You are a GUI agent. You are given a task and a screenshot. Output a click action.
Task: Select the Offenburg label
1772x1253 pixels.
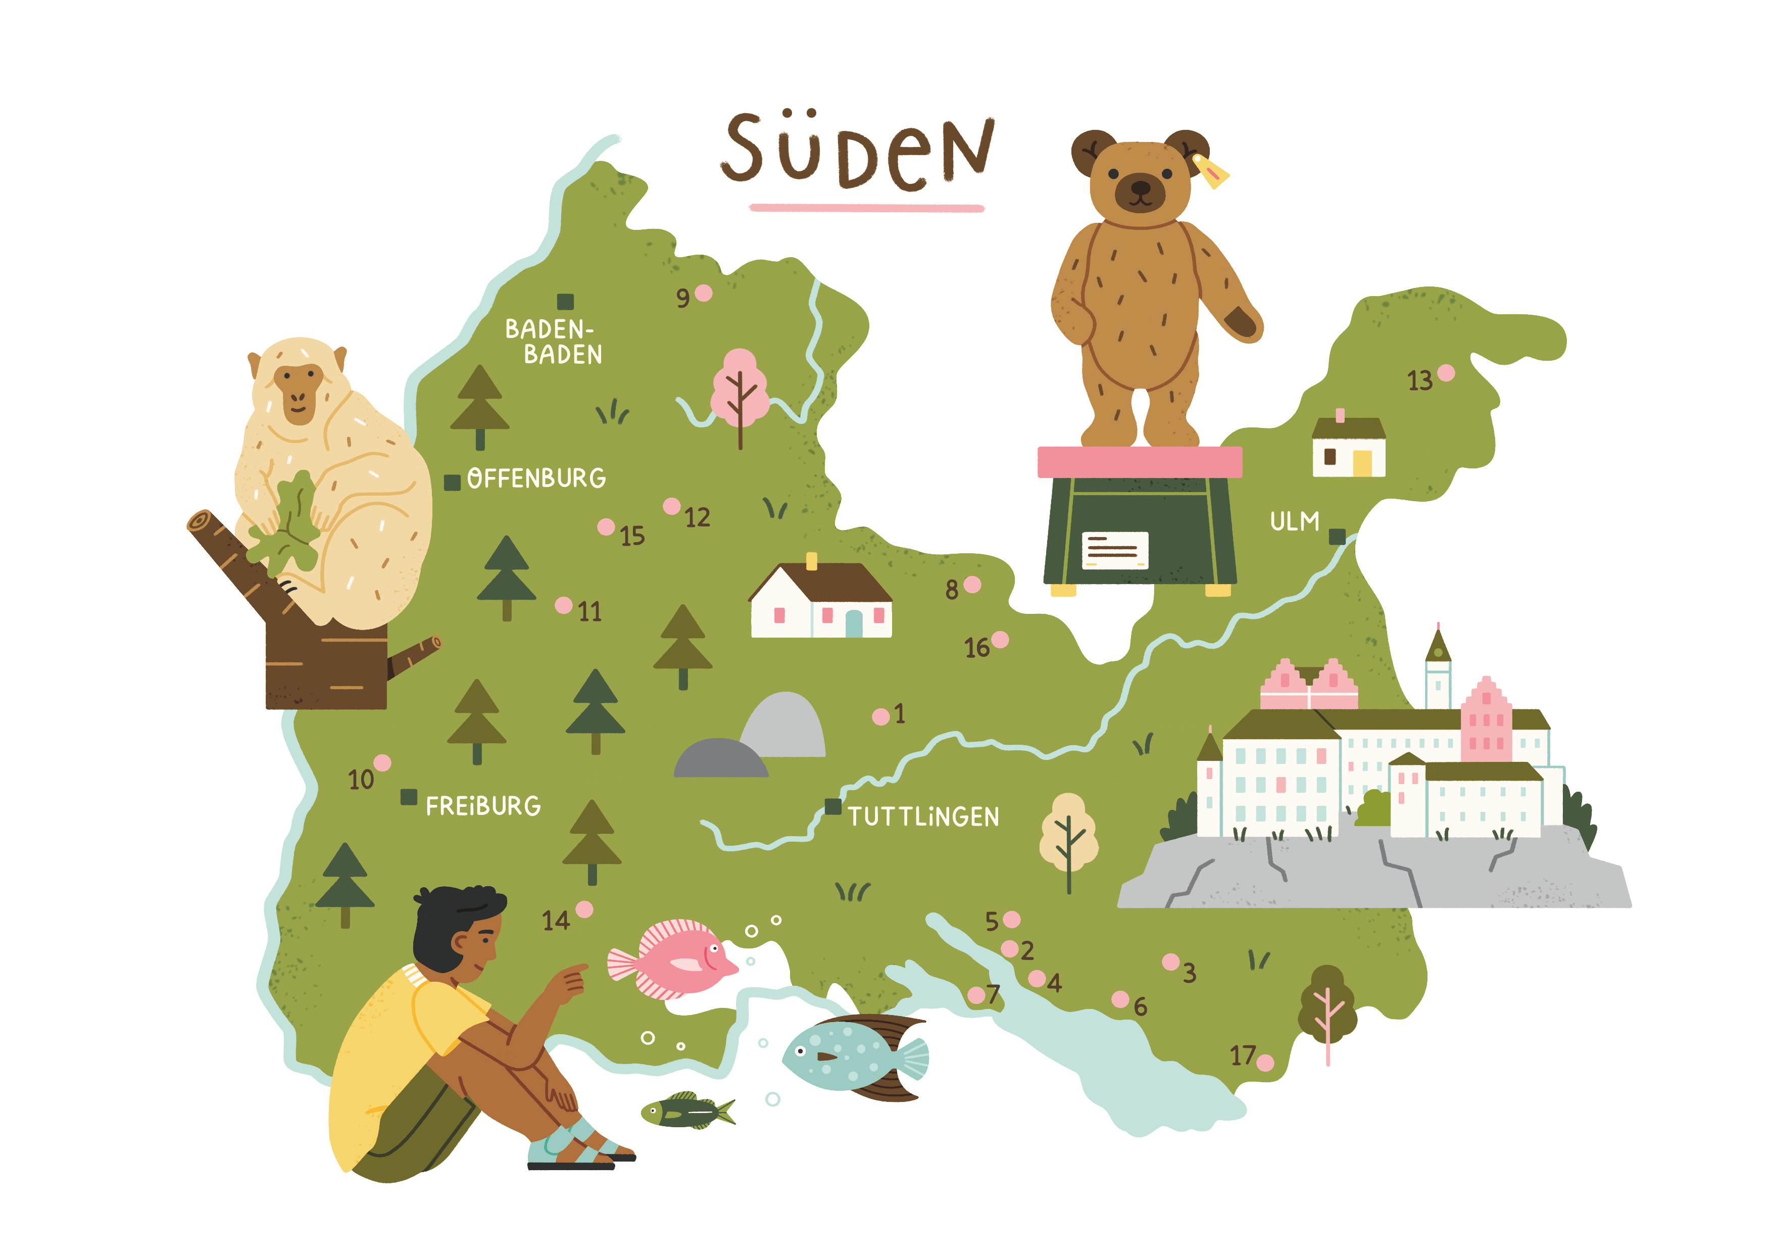coord(536,478)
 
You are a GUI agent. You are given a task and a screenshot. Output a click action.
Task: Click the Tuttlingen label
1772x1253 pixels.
coord(923,817)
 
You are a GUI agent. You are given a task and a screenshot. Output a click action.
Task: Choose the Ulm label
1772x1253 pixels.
coord(1294,522)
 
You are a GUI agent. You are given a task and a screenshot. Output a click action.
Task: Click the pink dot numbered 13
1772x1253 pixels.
coord(1446,373)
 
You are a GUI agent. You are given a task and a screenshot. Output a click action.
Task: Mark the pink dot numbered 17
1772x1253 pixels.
coord(1265,1063)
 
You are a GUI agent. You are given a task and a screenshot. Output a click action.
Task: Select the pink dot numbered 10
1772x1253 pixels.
coord(382,763)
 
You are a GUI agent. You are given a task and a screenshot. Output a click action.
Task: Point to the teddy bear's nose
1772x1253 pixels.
coord(1140,187)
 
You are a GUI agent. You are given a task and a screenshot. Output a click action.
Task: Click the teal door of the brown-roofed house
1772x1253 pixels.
coord(854,623)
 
